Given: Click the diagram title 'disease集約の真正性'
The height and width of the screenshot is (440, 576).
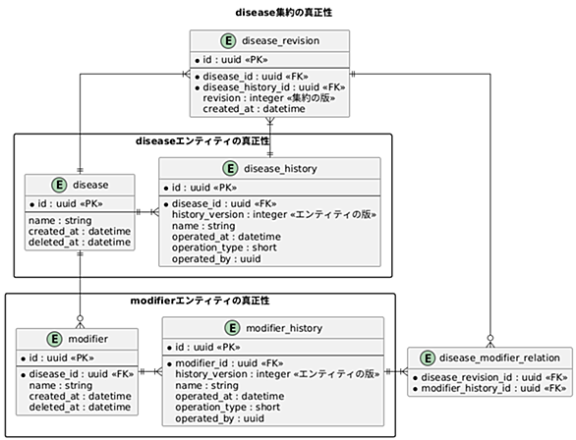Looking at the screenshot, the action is point(284,13).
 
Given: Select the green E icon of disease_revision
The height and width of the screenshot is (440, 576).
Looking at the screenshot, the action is point(228,40).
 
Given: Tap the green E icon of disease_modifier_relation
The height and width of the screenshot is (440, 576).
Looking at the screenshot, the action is point(428,357).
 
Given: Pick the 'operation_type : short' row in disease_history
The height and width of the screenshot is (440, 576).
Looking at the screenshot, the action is point(224,247).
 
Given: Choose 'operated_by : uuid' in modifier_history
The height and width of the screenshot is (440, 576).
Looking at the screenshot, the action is point(219,418).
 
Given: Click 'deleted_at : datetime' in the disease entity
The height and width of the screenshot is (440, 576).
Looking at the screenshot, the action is point(80,243).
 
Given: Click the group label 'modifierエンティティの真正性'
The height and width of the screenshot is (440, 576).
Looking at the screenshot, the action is point(200,301).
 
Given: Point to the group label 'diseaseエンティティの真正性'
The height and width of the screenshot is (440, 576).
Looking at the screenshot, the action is point(202,141).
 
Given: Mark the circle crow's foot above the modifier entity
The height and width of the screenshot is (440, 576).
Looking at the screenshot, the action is point(80,321).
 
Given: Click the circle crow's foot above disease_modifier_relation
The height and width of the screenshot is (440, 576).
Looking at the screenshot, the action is point(490,341).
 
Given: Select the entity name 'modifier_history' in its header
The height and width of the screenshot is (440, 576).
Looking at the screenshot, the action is point(284,328).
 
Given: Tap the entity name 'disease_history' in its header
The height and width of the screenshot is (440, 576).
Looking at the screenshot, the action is point(280,169).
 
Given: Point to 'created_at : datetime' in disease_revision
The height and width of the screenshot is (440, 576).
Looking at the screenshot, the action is point(254,109).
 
